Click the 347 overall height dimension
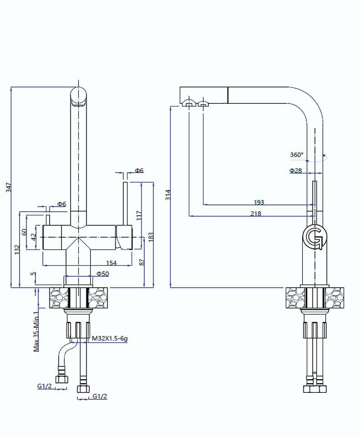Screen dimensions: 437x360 tap(8, 187)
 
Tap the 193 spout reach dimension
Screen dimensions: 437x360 tap(259, 202)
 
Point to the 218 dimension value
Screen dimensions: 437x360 tap(256, 213)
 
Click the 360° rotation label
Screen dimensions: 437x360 tap(296, 155)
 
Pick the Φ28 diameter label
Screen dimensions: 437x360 tap(296, 170)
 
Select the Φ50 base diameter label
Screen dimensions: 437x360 tap(102, 274)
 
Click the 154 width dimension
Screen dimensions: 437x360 tap(111, 263)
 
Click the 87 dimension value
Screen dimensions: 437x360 tap(142, 262)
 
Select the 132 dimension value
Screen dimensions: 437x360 tap(16, 249)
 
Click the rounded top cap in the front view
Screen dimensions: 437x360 tap(78, 96)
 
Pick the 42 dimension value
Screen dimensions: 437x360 tap(33, 237)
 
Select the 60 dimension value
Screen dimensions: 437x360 tap(24, 232)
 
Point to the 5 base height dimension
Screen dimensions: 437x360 tap(32, 274)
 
